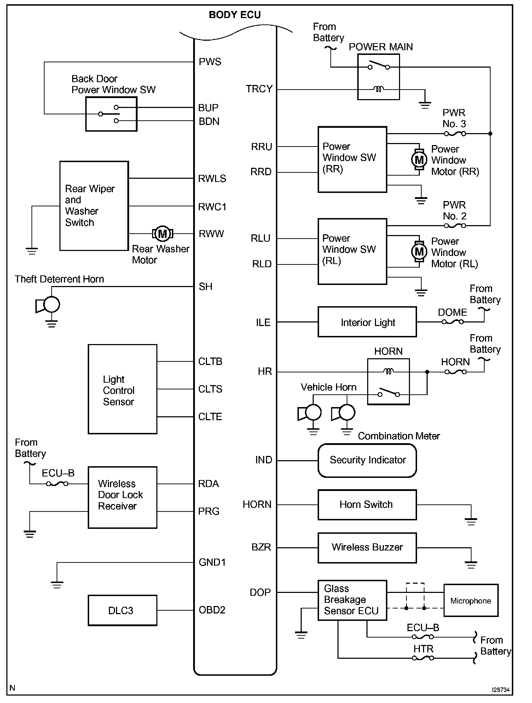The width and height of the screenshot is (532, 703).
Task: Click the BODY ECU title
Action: pos(235,15)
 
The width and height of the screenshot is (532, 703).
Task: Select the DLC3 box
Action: pos(122,610)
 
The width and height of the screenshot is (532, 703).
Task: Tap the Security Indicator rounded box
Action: pos(367,460)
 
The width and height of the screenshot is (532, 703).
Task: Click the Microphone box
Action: pos(470,600)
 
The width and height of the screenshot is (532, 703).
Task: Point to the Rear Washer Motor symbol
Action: pos(162,234)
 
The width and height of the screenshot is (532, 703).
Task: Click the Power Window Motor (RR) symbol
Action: pos(419,160)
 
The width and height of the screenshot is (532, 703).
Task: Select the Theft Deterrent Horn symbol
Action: pos(48,305)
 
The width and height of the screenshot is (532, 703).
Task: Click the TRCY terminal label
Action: pos(259,89)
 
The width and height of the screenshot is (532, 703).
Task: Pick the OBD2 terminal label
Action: pos(212,610)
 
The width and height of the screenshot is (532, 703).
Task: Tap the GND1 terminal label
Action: pos(212,562)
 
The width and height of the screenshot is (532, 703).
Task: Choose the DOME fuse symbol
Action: pos(452,322)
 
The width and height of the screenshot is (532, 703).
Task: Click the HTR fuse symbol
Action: pos(423,658)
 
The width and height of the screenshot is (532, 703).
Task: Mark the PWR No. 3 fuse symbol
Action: pos(455,134)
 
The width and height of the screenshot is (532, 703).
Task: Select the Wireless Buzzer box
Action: pos(367,548)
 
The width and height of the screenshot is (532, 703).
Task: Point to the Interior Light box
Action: pos(367,322)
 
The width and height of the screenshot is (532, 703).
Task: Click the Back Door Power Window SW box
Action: pos(111,114)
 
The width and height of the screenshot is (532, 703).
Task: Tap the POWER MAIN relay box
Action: pos(378,77)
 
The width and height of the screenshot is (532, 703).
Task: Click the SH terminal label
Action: pos(206,286)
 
